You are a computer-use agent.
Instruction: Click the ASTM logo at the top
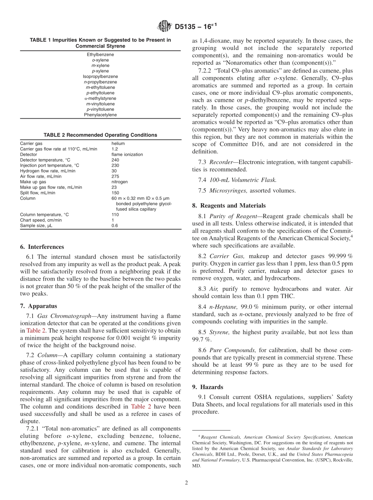[164, 26]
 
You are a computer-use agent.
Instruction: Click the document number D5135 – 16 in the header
[196, 27]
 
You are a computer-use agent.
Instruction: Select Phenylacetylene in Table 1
[100, 115]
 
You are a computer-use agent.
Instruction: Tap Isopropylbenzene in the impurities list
[100, 76]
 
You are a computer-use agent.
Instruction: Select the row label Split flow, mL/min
[38, 193]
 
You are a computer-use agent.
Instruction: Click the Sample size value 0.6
[115, 226]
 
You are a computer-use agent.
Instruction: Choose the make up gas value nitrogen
[119, 182]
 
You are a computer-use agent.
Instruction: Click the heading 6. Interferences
[42, 247]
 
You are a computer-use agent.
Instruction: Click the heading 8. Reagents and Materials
[229, 206]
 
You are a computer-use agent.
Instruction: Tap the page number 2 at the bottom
[186, 483]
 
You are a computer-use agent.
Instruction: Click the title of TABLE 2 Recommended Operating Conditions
[100, 135]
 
